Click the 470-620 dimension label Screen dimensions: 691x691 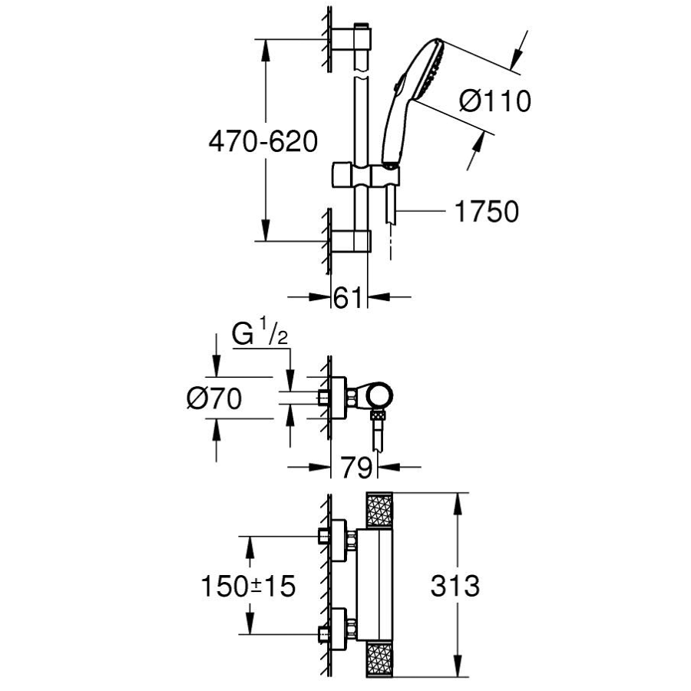tap(261, 142)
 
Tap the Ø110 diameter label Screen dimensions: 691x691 tap(495, 101)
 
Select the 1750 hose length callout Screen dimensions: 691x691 tap(486, 211)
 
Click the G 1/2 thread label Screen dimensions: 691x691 tap(259, 336)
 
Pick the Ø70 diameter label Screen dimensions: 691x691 tap(214, 398)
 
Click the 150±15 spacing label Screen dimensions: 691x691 tap(248, 587)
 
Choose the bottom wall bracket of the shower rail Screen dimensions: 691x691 tap(352, 241)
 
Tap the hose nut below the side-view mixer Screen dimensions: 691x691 tap(377, 418)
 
